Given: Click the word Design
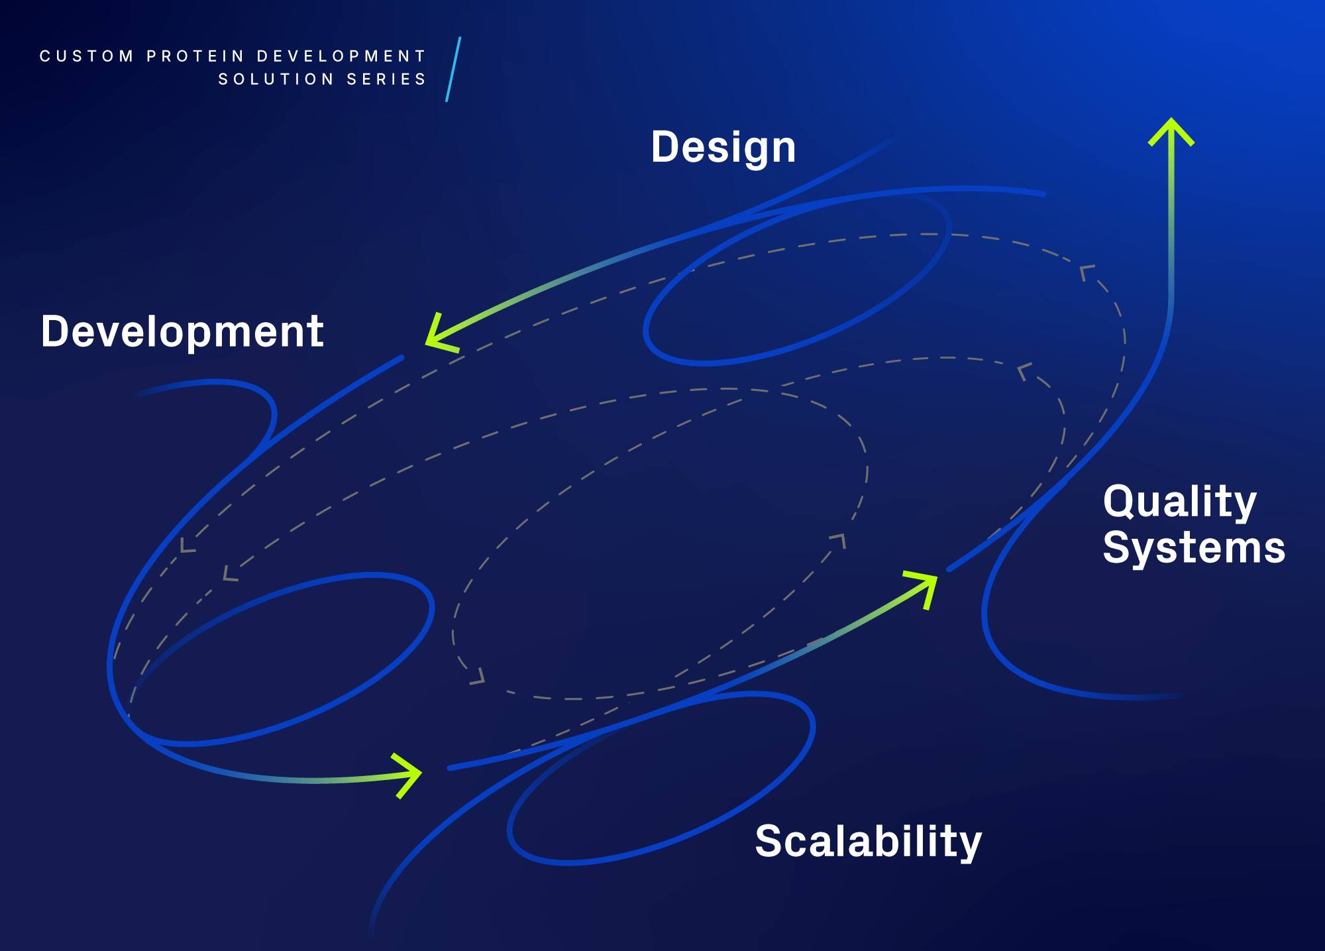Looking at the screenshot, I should [x=723, y=147].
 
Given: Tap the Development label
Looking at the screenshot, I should [x=182, y=331].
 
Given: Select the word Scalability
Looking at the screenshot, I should [x=868, y=842].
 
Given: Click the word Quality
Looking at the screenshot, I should [x=1180, y=502].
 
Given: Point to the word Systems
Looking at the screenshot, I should [x=1194, y=548].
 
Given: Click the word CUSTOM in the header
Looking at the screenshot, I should [x=87, y=56].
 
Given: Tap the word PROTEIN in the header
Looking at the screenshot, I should [x=195, y=56].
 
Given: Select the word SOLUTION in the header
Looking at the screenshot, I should [x=276, y=80].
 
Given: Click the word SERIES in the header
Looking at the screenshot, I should [x=387, y=80].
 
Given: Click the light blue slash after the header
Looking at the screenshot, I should [x=453, y=70].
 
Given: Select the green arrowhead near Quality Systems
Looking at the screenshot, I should [x=924, y=586].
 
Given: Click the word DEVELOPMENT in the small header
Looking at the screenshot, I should [x=341, y=56].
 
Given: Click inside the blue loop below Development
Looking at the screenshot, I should [x=278, y=656].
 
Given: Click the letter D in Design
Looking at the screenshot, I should [x=666, y=147].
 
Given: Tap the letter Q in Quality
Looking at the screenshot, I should [x=1120, y=502].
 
